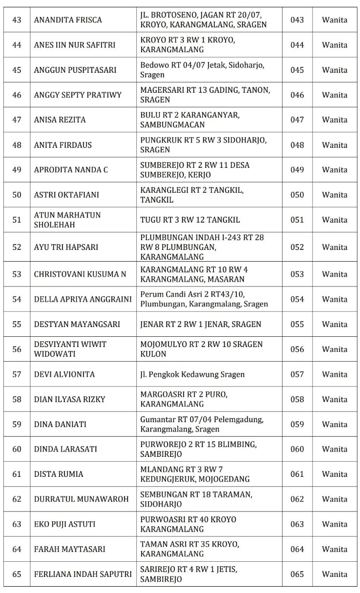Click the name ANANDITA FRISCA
tap(68, 20)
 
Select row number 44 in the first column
tap(17, 45)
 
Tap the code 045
tap(297, 70)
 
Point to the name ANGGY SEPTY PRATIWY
tap(78, 95)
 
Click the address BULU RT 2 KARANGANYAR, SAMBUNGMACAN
tap(190, 120)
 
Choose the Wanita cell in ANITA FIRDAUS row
tap(335, 145)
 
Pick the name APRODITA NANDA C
tap(71, 170)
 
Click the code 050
tap(297, 195)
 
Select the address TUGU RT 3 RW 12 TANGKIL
tap(190, 220)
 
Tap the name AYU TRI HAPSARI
tap(66, 247)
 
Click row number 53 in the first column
tap(17, 274)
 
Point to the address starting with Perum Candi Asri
tap(204, 299)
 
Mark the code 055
tap(297, 324)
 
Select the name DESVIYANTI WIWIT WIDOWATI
tap(70, 349)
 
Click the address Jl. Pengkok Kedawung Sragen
tap(192, 374)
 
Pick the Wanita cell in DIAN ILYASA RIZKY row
tap(335, 399)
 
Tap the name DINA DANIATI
tap(60, 424)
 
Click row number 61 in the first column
tap(17, 474)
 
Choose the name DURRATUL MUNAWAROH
tap(81, 499)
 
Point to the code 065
tap(297, 574)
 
